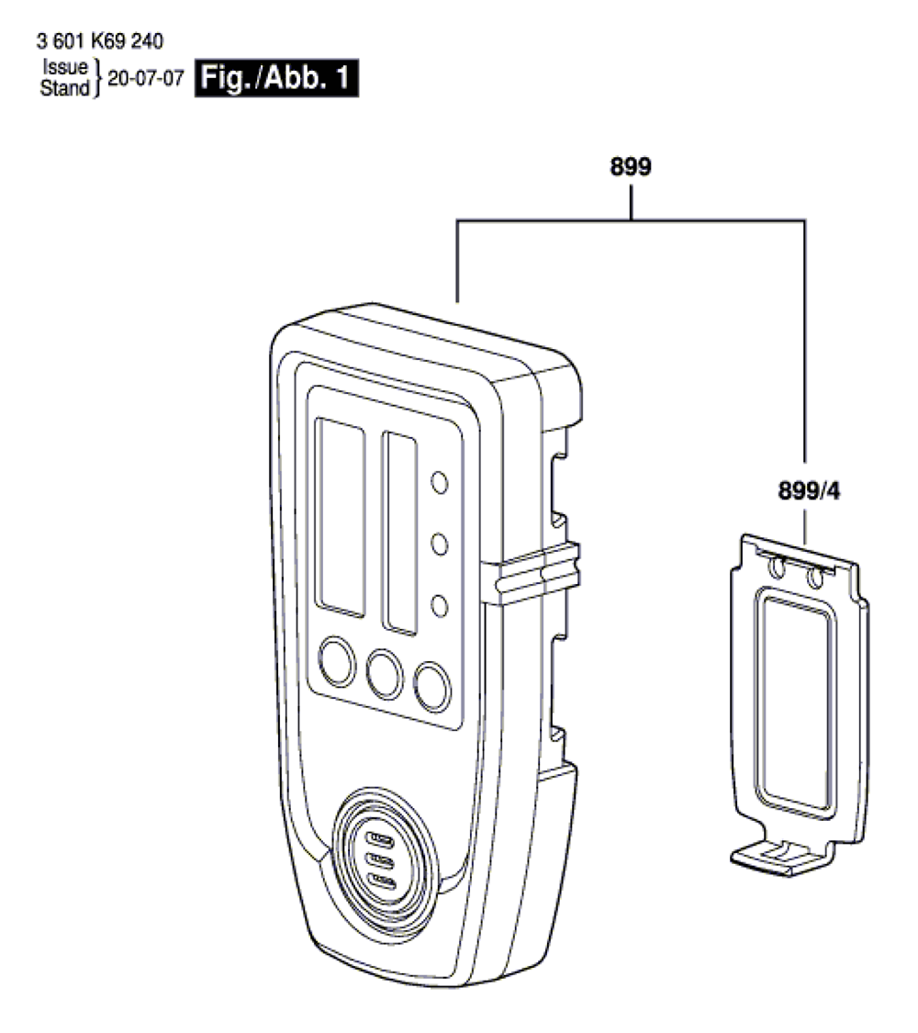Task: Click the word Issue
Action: coord(63,67)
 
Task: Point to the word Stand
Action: coord(63,88)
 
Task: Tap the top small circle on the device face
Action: coord(440,482)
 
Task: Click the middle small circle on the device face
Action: coord(440,544)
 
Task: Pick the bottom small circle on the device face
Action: coord(440,606)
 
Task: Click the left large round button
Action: coord(336,660)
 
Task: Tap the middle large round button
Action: coord(385,673)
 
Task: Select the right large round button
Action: coord(431,685)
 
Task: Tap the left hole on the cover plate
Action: coord(778,568)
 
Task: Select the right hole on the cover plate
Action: coord(812,577)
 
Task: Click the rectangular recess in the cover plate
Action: coord(795,693)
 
